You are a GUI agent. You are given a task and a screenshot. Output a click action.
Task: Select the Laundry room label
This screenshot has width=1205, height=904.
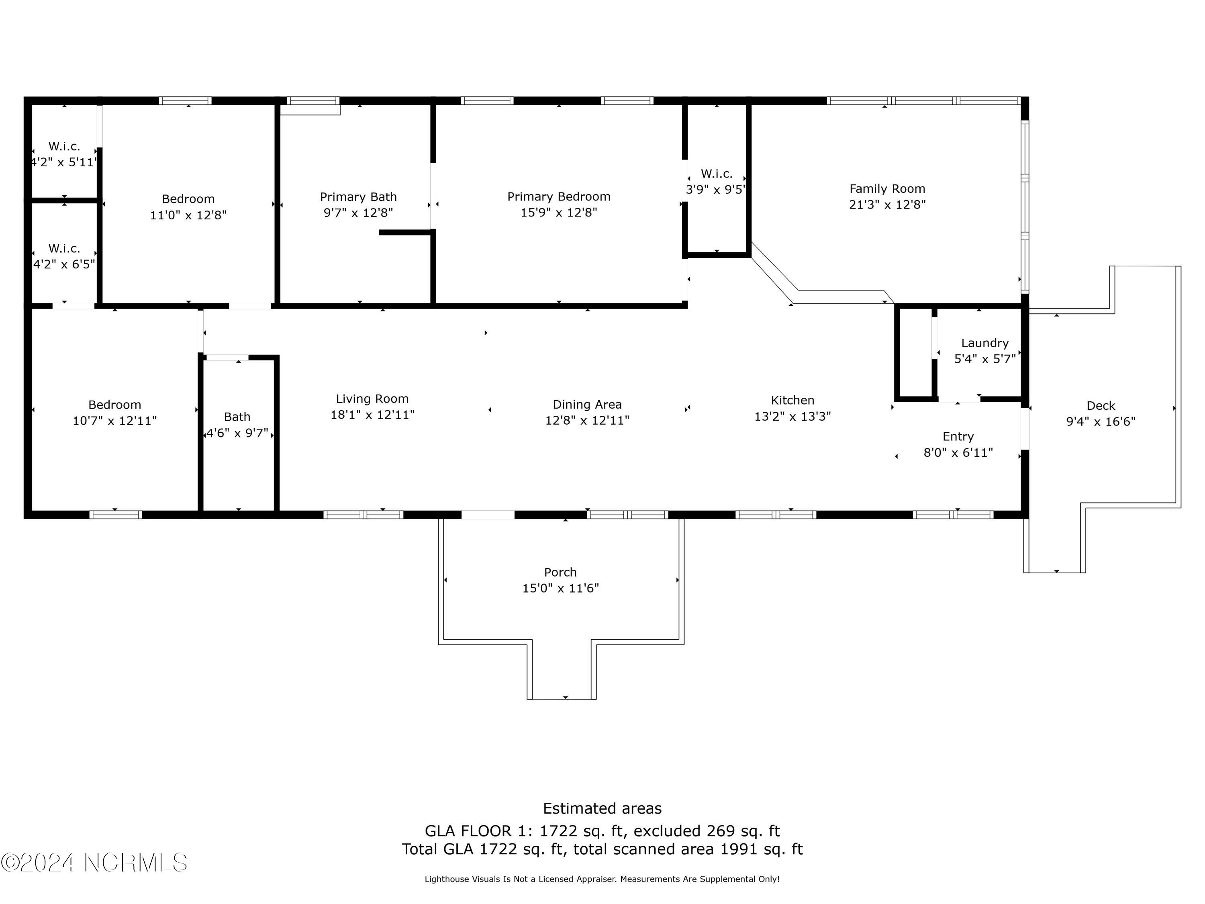pyautogui.click(x=984, y=343)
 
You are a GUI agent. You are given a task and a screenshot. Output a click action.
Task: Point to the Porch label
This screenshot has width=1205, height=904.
pyautogui.click(x=560, y=572)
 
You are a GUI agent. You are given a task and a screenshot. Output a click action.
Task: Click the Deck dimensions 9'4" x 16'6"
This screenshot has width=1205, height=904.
pyautogui.click(x=1101, y=421)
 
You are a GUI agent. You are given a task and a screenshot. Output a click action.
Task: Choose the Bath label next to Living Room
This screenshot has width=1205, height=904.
pyautogui.click(x=237, y=417)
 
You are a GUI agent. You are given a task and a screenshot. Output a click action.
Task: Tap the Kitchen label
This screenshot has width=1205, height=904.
pyautogui.click(x=792, y=401)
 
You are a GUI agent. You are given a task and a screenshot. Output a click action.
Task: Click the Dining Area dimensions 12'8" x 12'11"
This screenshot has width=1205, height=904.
pyautogui.click(x=587, y=421)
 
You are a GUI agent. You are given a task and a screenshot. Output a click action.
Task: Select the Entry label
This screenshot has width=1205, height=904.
pyautogui.click(x=958, y=436)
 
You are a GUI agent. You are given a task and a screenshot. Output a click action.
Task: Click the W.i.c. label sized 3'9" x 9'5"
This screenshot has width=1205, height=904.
pyautogui.click(x=716, y=174)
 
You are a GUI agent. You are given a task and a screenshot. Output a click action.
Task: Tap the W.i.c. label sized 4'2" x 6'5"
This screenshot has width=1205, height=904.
pyautogui.click(x=64, y=248)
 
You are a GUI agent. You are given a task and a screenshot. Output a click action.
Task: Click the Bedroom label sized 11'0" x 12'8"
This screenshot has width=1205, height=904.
pyautogui.click(x=188, y=199)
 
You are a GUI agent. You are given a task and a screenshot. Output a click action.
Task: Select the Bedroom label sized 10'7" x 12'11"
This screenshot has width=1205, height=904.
pyautogui.click(x=114, y=405)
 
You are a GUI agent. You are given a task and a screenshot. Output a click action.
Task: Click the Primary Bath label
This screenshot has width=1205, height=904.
pyautogui.click(x=358, y=197)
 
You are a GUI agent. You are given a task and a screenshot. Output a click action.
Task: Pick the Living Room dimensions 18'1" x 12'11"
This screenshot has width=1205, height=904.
pyautogui.click(x=372, y=415)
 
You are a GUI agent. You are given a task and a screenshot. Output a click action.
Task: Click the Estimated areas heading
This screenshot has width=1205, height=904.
pyautogui.click(x=602, y=808)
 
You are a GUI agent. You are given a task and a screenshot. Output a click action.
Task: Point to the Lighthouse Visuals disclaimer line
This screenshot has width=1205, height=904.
pyautogui.click(x=602, y=879)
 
